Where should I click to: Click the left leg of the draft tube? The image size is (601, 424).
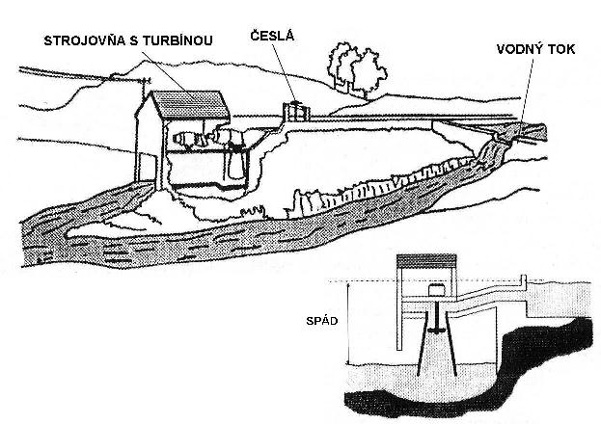click(x=421, y=357)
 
